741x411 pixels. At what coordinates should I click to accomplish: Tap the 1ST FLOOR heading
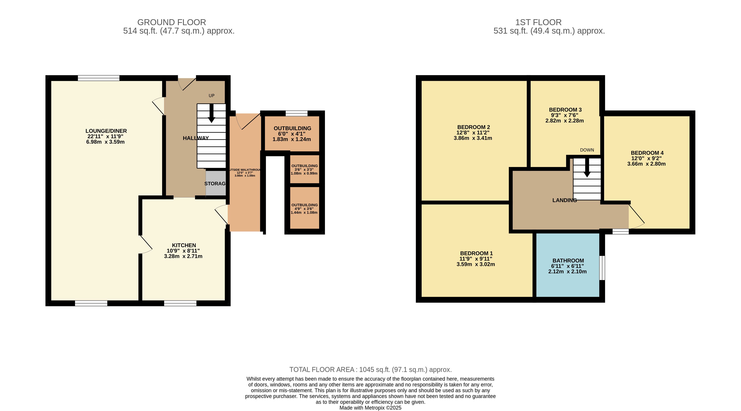click(538, 22)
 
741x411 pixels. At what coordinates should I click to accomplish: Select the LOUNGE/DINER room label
click(106, 131)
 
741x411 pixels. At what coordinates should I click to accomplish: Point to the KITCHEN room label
click(184, 245)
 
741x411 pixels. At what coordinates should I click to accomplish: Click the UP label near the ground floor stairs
click(212, 96)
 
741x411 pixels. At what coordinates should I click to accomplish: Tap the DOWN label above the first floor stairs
click(587, 150)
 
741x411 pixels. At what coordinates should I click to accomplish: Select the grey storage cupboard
click(216, 183)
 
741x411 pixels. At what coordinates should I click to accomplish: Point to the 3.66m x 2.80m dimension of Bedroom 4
click(646, 164)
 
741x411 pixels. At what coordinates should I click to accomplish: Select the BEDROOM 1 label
click(476, 253)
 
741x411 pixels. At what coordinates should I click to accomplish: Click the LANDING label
click(565, 200)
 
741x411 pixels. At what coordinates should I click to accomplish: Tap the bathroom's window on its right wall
click(602, 268)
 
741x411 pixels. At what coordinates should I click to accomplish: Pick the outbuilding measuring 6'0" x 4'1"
click(292, 133)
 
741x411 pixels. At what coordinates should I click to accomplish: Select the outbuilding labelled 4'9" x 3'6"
click(304, 208)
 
